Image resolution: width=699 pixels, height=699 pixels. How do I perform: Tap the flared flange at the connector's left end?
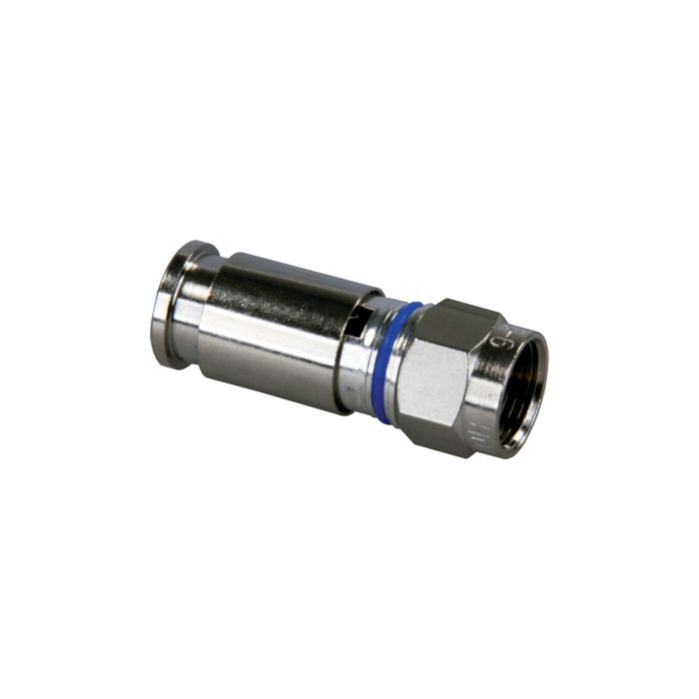click(172, 300)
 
